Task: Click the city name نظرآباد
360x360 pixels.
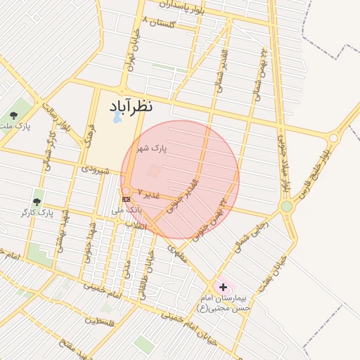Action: click(141, 106)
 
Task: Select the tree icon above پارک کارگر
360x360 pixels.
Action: click(37, 202)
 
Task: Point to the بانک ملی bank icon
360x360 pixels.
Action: click(126, 199)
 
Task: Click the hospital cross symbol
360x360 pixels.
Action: click(224, 287)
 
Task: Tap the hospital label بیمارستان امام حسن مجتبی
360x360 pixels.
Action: click(223, 303)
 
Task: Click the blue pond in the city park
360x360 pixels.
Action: click(116, 117)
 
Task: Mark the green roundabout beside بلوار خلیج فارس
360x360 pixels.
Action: click(286, 207)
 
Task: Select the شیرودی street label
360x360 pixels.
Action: click(94, 169)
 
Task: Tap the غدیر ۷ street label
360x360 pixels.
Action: click(149, 192)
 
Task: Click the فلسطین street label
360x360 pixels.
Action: click(100, 321)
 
